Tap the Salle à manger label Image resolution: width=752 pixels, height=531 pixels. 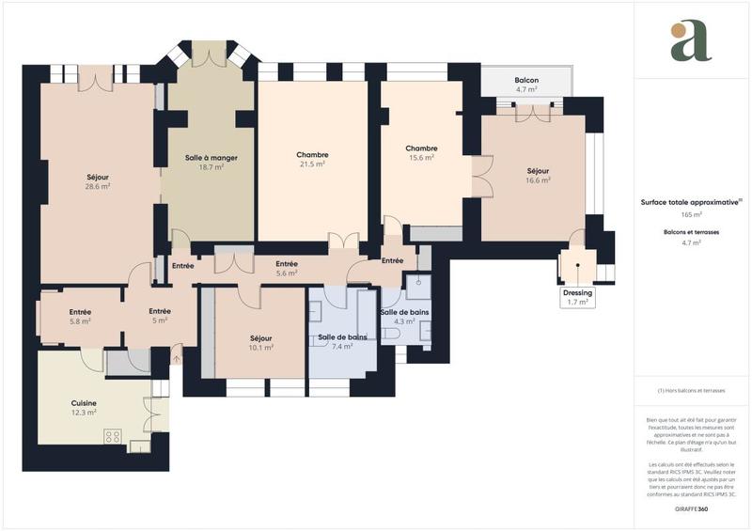(204, 158)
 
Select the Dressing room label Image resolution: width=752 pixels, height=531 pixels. (577, 292)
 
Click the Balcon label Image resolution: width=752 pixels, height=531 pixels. (526, 81)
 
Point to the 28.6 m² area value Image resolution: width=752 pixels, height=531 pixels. (97, 187)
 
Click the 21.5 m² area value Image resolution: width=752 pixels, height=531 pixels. (312, 164)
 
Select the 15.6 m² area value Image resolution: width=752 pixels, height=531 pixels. (421, 158)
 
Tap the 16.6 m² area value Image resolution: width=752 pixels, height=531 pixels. (538, 180)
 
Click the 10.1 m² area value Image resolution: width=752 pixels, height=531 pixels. (260, 347)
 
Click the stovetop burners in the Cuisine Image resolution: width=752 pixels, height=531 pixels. (115, 435)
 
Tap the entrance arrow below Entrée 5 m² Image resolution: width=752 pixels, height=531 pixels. (177, 355)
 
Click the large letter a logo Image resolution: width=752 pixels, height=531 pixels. (691, 41)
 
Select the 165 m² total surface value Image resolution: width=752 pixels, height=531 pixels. (692, 215)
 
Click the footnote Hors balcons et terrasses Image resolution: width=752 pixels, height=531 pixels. (692, 390)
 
